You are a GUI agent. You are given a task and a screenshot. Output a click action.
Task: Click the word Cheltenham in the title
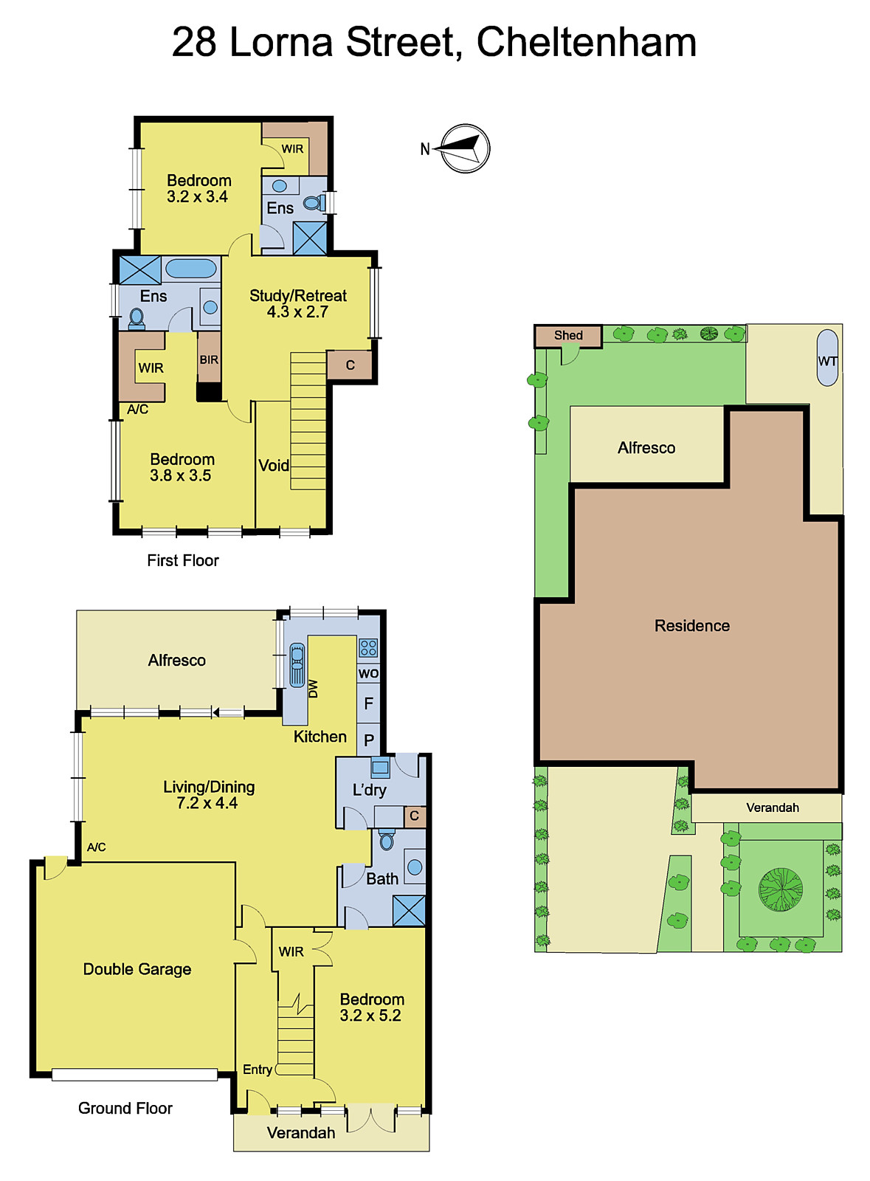pos(586,42)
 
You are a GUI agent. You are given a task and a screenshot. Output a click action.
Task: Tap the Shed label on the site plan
pos(568,335)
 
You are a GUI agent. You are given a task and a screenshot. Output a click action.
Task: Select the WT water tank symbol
pos(827,359)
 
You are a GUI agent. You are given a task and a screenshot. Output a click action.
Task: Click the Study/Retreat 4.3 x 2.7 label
pos(297,303)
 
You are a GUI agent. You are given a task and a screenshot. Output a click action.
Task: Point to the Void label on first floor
pos(273,466)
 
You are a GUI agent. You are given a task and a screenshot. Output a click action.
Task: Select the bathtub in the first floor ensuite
pos(190,268)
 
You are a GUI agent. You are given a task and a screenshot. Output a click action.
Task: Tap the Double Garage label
pos(137,969)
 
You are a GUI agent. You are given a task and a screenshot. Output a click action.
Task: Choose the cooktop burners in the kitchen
pos(368,648)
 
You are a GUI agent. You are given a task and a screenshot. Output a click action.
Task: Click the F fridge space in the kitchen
pos(368,703)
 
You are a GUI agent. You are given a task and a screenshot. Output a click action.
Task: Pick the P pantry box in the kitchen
pos(369,740)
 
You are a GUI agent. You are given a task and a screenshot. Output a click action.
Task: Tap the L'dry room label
pos(369,790)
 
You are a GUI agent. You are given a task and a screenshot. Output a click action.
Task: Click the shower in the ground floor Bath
pos(409,910)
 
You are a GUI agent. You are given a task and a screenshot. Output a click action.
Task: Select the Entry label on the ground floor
pos(257,1070)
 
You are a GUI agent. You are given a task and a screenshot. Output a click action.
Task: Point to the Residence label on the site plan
pos(691,626)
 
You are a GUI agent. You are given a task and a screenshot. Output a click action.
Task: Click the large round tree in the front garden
pos(781,889)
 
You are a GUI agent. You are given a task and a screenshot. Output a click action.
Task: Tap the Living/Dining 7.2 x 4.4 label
pos(209,795)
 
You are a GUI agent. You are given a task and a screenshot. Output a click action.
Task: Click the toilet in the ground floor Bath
pos(387,840)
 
